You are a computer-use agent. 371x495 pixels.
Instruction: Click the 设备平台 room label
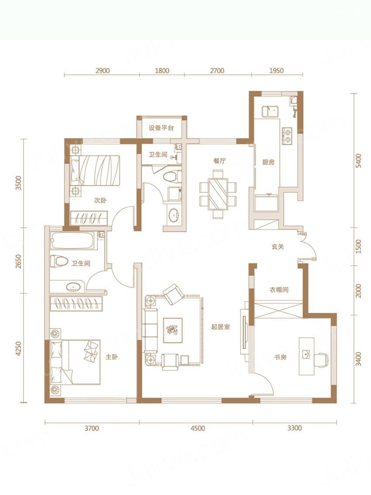(161, 128)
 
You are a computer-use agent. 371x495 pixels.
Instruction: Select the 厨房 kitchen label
(268, 162)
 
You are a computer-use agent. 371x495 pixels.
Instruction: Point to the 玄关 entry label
(278, 246)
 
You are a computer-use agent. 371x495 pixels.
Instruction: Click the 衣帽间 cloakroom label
(279, 289)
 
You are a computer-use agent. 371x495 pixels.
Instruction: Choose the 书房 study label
(280, 357)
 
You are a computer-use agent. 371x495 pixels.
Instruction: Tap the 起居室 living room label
(220, 327)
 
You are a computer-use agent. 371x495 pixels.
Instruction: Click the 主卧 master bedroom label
(112, 357)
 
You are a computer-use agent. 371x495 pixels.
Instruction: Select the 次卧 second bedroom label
(100, 200)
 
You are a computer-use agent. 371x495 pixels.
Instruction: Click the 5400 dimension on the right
(358, 161)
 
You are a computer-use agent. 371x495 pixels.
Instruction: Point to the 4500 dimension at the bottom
(198, 428)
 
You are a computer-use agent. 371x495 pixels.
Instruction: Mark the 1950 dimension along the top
(276, 70)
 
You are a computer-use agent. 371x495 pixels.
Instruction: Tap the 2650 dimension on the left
(19, 261)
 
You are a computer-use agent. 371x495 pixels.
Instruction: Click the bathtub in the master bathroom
(72, 241)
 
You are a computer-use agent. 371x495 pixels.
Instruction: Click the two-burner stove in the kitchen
(287, 135)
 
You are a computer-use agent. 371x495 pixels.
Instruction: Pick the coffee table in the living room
(173, 330)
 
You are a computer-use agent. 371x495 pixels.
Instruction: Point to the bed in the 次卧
(95, 170)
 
